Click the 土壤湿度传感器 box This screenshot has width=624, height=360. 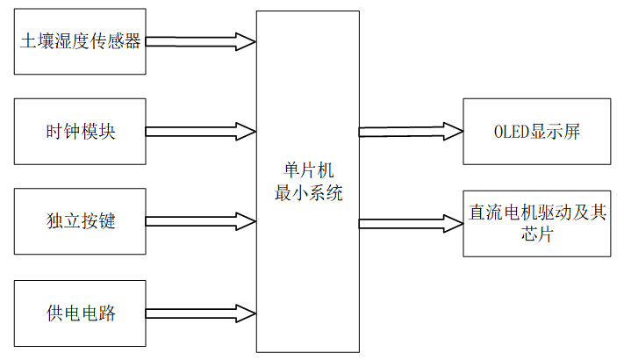tap(80, 41)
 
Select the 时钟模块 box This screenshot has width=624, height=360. tap(80, 132)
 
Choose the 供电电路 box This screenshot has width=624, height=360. tap(80, 312)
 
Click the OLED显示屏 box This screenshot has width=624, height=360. tap(536, 132)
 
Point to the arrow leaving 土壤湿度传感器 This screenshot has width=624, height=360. tap(200, 41)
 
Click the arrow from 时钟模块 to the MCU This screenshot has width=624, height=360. tap(200, 132)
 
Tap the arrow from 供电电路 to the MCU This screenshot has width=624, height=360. tap(200, 312)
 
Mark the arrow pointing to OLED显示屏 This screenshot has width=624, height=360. tap(411, 132)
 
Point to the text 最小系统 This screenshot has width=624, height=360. tap(307, 193)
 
